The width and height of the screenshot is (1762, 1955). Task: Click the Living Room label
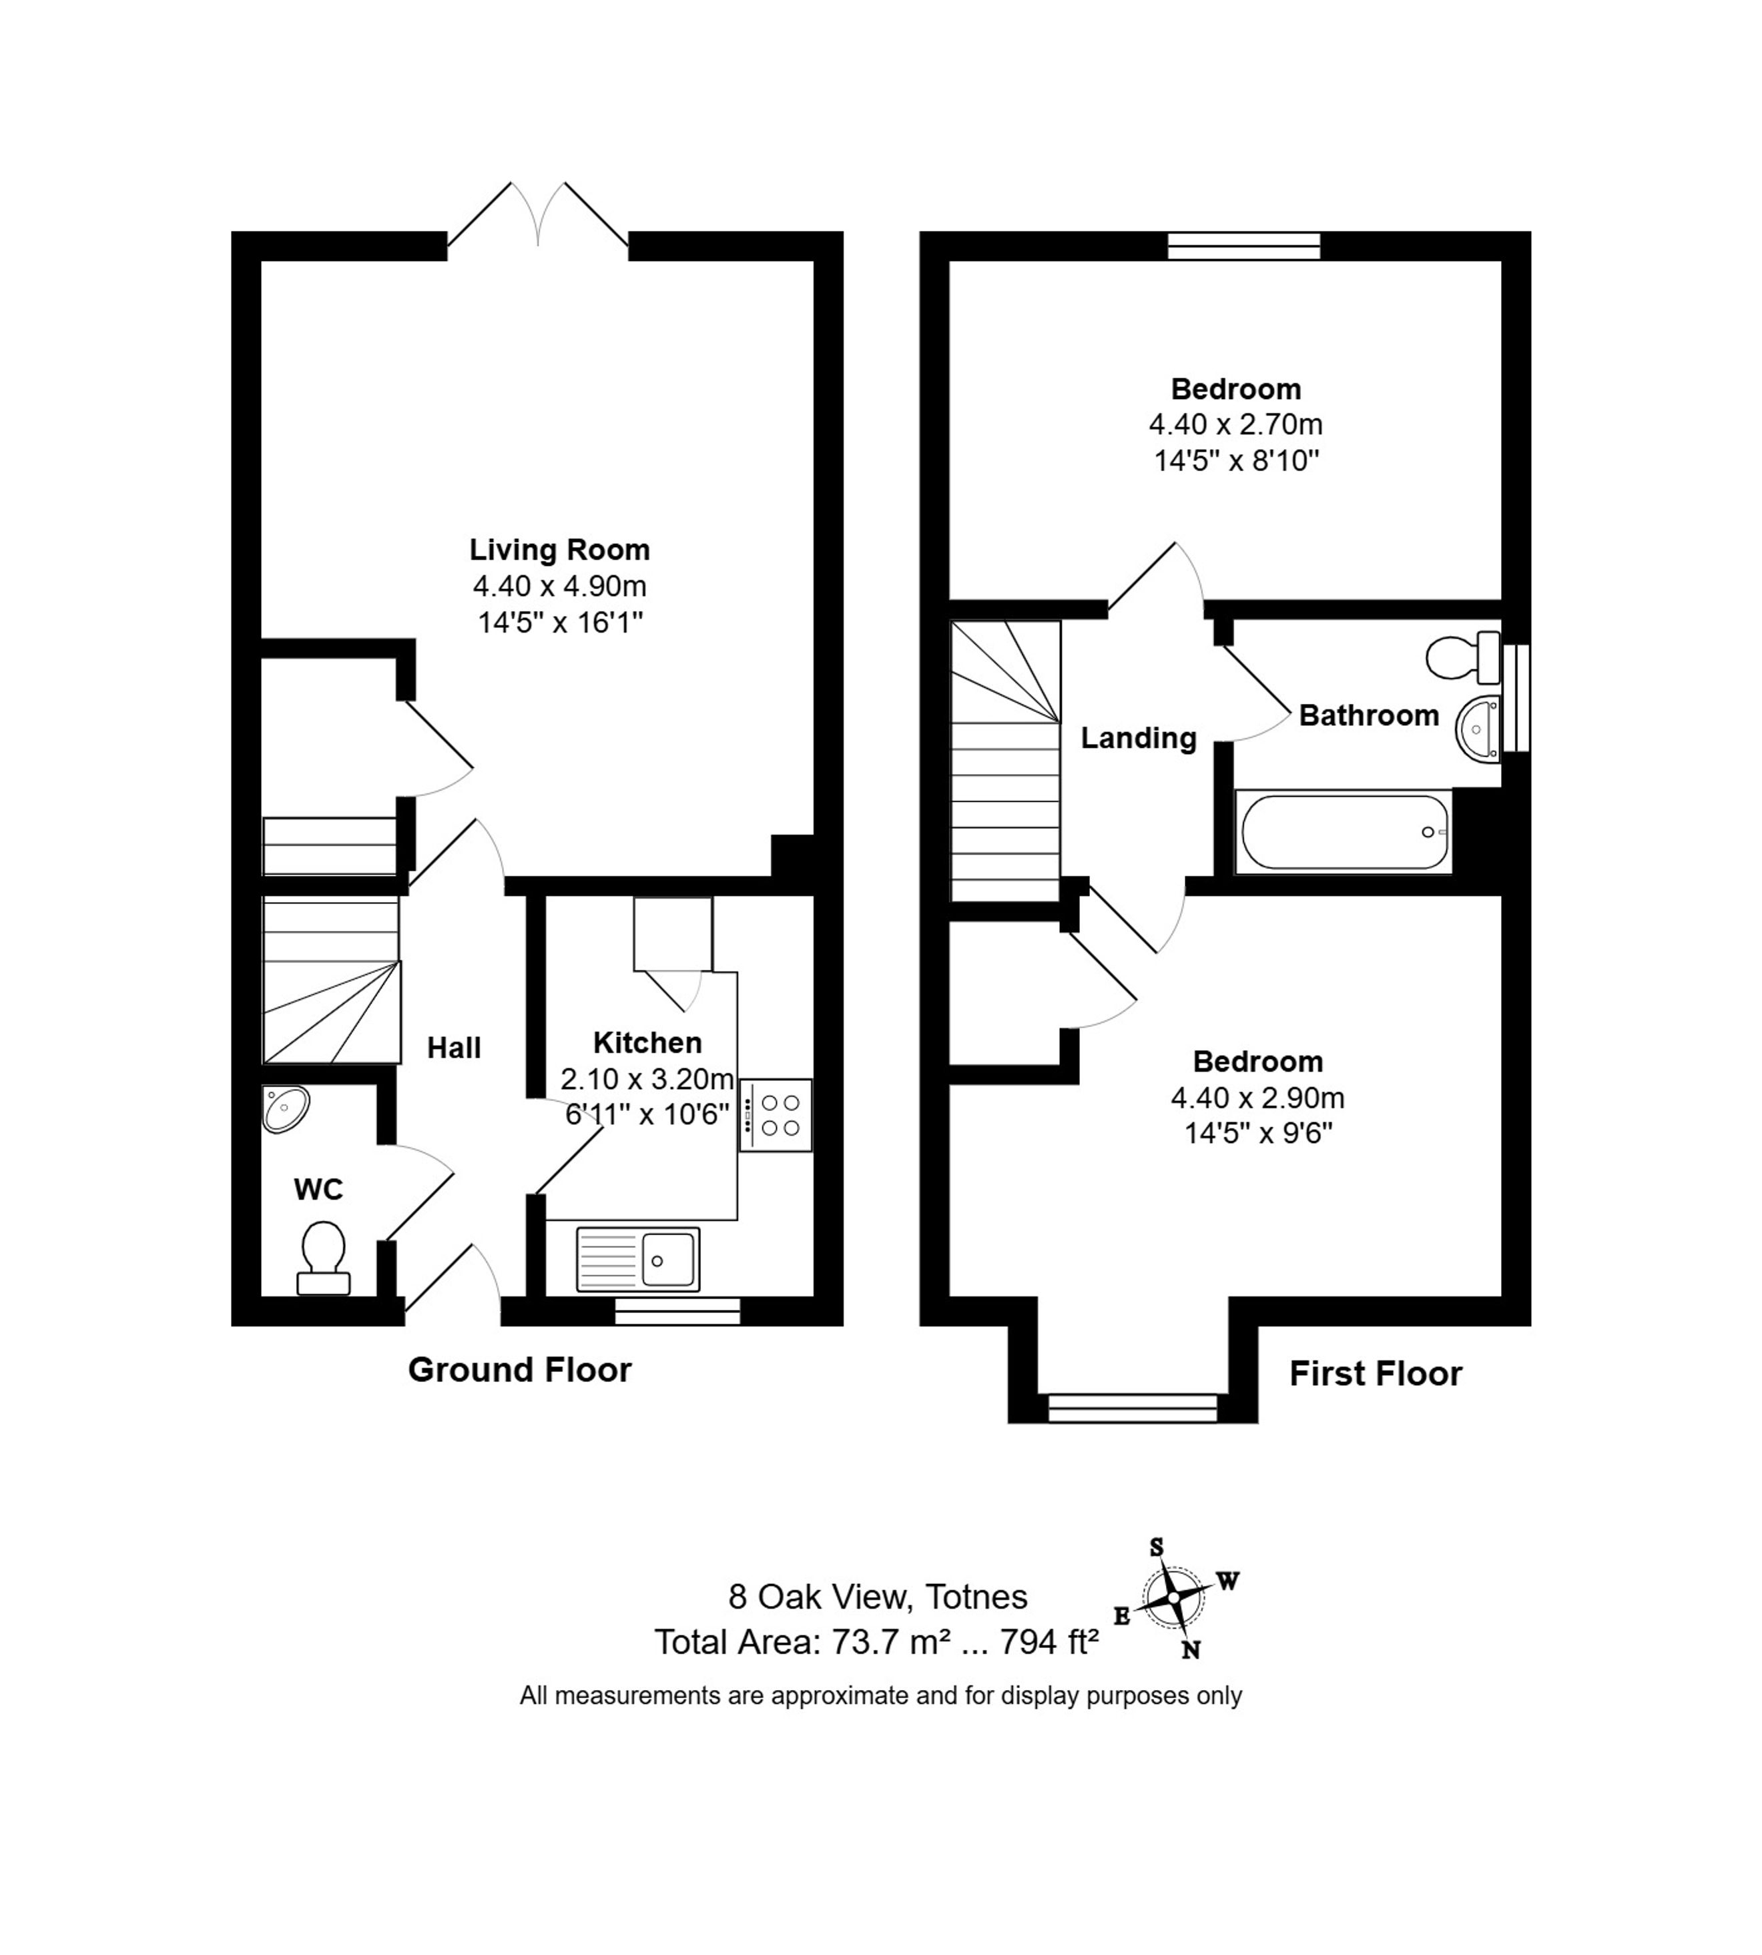559,550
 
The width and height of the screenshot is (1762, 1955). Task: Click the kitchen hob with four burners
776,1115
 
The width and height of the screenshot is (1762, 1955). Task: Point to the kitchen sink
638,1259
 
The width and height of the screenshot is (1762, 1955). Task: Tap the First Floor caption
1376,1375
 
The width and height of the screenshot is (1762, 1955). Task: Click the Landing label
1139,739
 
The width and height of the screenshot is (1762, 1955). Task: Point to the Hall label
454,1048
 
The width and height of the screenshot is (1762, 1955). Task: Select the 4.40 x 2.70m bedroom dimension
1236,424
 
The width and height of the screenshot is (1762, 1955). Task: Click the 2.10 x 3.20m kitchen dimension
647,1079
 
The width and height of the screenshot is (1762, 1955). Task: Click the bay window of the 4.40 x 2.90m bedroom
1133,1408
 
